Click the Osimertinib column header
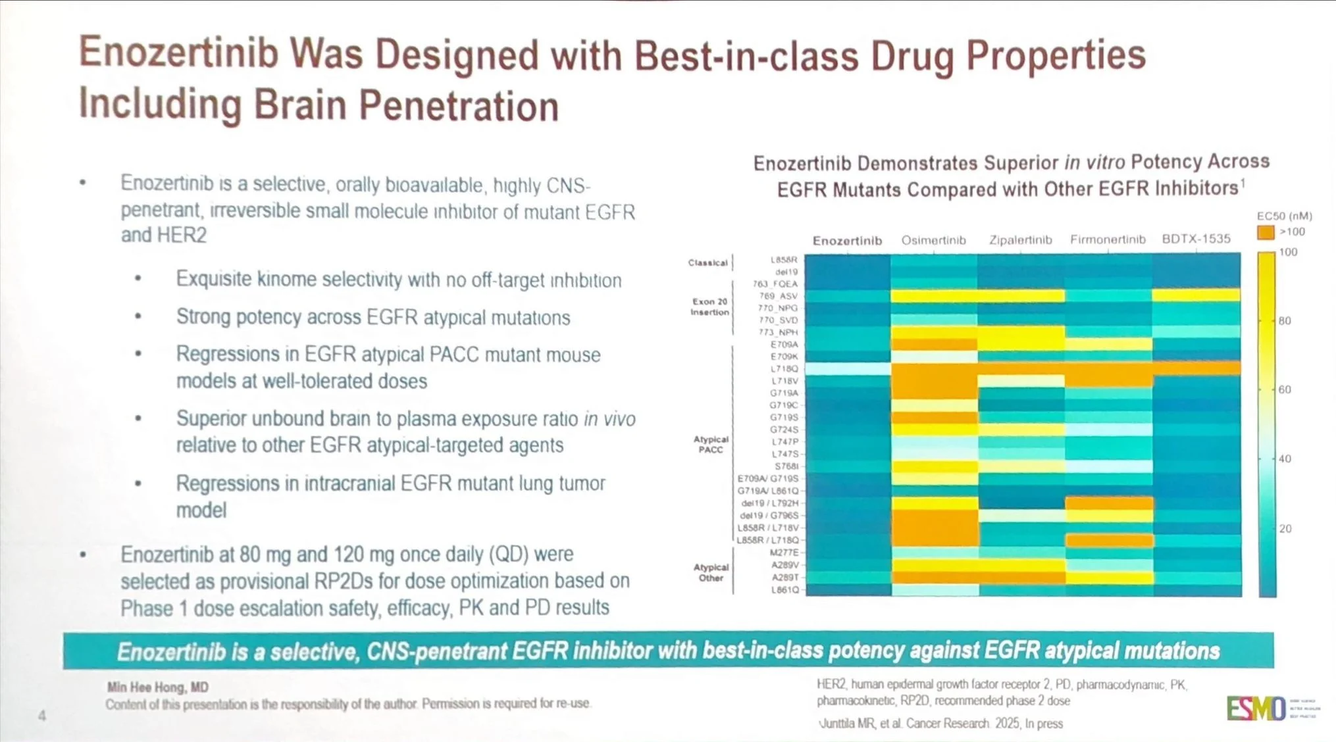pyautogui.click(x=933, y=240)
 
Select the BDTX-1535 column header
pyautogui.click(x=1196, y=239)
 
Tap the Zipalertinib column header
pyautogui.click(x=1020, y=240)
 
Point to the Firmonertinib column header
pyautogui.click(x=1108, y=239)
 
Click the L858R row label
pyautogui.click(x=784, y=260)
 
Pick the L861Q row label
pyautogui.click(x=785, y=590)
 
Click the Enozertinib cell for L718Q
pyautogui.click(x=848, y=369)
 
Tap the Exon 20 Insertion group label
pyautogui.click(x=709, y=307)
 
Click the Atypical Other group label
pyautogui.click(x=711, y=572)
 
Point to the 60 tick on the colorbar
pyautogui.click(x=1284, y=389)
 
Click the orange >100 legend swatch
pyautogui.click(x=1265, y=232)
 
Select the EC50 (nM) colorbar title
pyautogui.click(x=1284, y=216)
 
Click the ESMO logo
pyautogui.click(x=1256, y=708)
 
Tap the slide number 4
pyautogui.click(x=42, y=716)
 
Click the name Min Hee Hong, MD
pyautogui.click(x=158, y=687)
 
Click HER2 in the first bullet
pyautogui.click(x=183, y=235)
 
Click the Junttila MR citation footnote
pyautogui.click(x=941, y=724)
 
